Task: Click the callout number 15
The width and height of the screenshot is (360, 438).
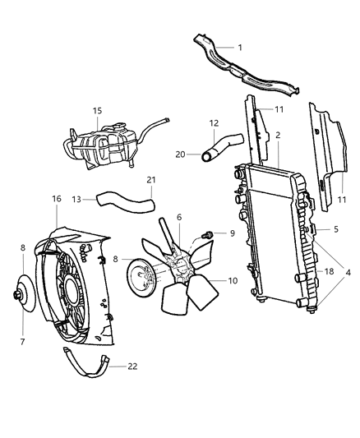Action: tap(97, 110)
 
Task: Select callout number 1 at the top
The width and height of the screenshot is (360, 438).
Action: tap(239, 47)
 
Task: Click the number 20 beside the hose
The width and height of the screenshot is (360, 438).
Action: tap(181, 154)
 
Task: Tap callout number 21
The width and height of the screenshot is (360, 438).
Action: tap(150, 180)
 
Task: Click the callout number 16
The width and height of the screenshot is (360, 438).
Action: tap(57, 198)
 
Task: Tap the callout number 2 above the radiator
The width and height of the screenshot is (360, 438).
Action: tap(279, 135)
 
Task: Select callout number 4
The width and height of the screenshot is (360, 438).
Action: tap(349, 272)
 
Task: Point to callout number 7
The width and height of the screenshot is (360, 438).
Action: tap(23, 316)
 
